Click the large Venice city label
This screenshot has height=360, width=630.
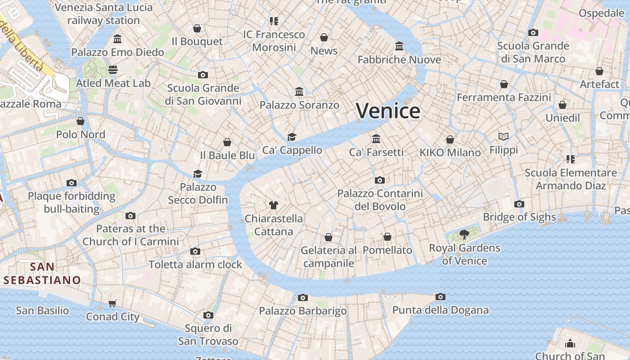388,111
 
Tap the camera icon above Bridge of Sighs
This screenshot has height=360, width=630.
519,204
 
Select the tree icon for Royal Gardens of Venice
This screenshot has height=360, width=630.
464,234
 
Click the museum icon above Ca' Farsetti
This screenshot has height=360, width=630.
376,139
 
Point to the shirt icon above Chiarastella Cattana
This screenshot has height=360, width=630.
273,205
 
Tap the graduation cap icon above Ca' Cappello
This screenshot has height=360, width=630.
292,137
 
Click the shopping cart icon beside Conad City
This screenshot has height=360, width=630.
112,303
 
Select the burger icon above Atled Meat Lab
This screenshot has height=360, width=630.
113,70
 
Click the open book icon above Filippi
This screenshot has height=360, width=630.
504,136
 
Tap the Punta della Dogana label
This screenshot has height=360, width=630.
440,310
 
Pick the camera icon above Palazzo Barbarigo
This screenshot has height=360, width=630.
303,297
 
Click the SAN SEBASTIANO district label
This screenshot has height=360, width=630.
42,273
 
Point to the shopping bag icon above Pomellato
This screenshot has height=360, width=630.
387,237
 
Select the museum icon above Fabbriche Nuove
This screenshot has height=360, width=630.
399,46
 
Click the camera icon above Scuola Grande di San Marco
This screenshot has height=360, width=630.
533,32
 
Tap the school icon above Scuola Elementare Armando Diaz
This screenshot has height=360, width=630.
571,159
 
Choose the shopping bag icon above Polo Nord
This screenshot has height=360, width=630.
81,121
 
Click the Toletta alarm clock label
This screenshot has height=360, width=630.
195,265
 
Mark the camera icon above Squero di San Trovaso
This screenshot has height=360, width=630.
208,315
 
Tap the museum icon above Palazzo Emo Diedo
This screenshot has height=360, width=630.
117,39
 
